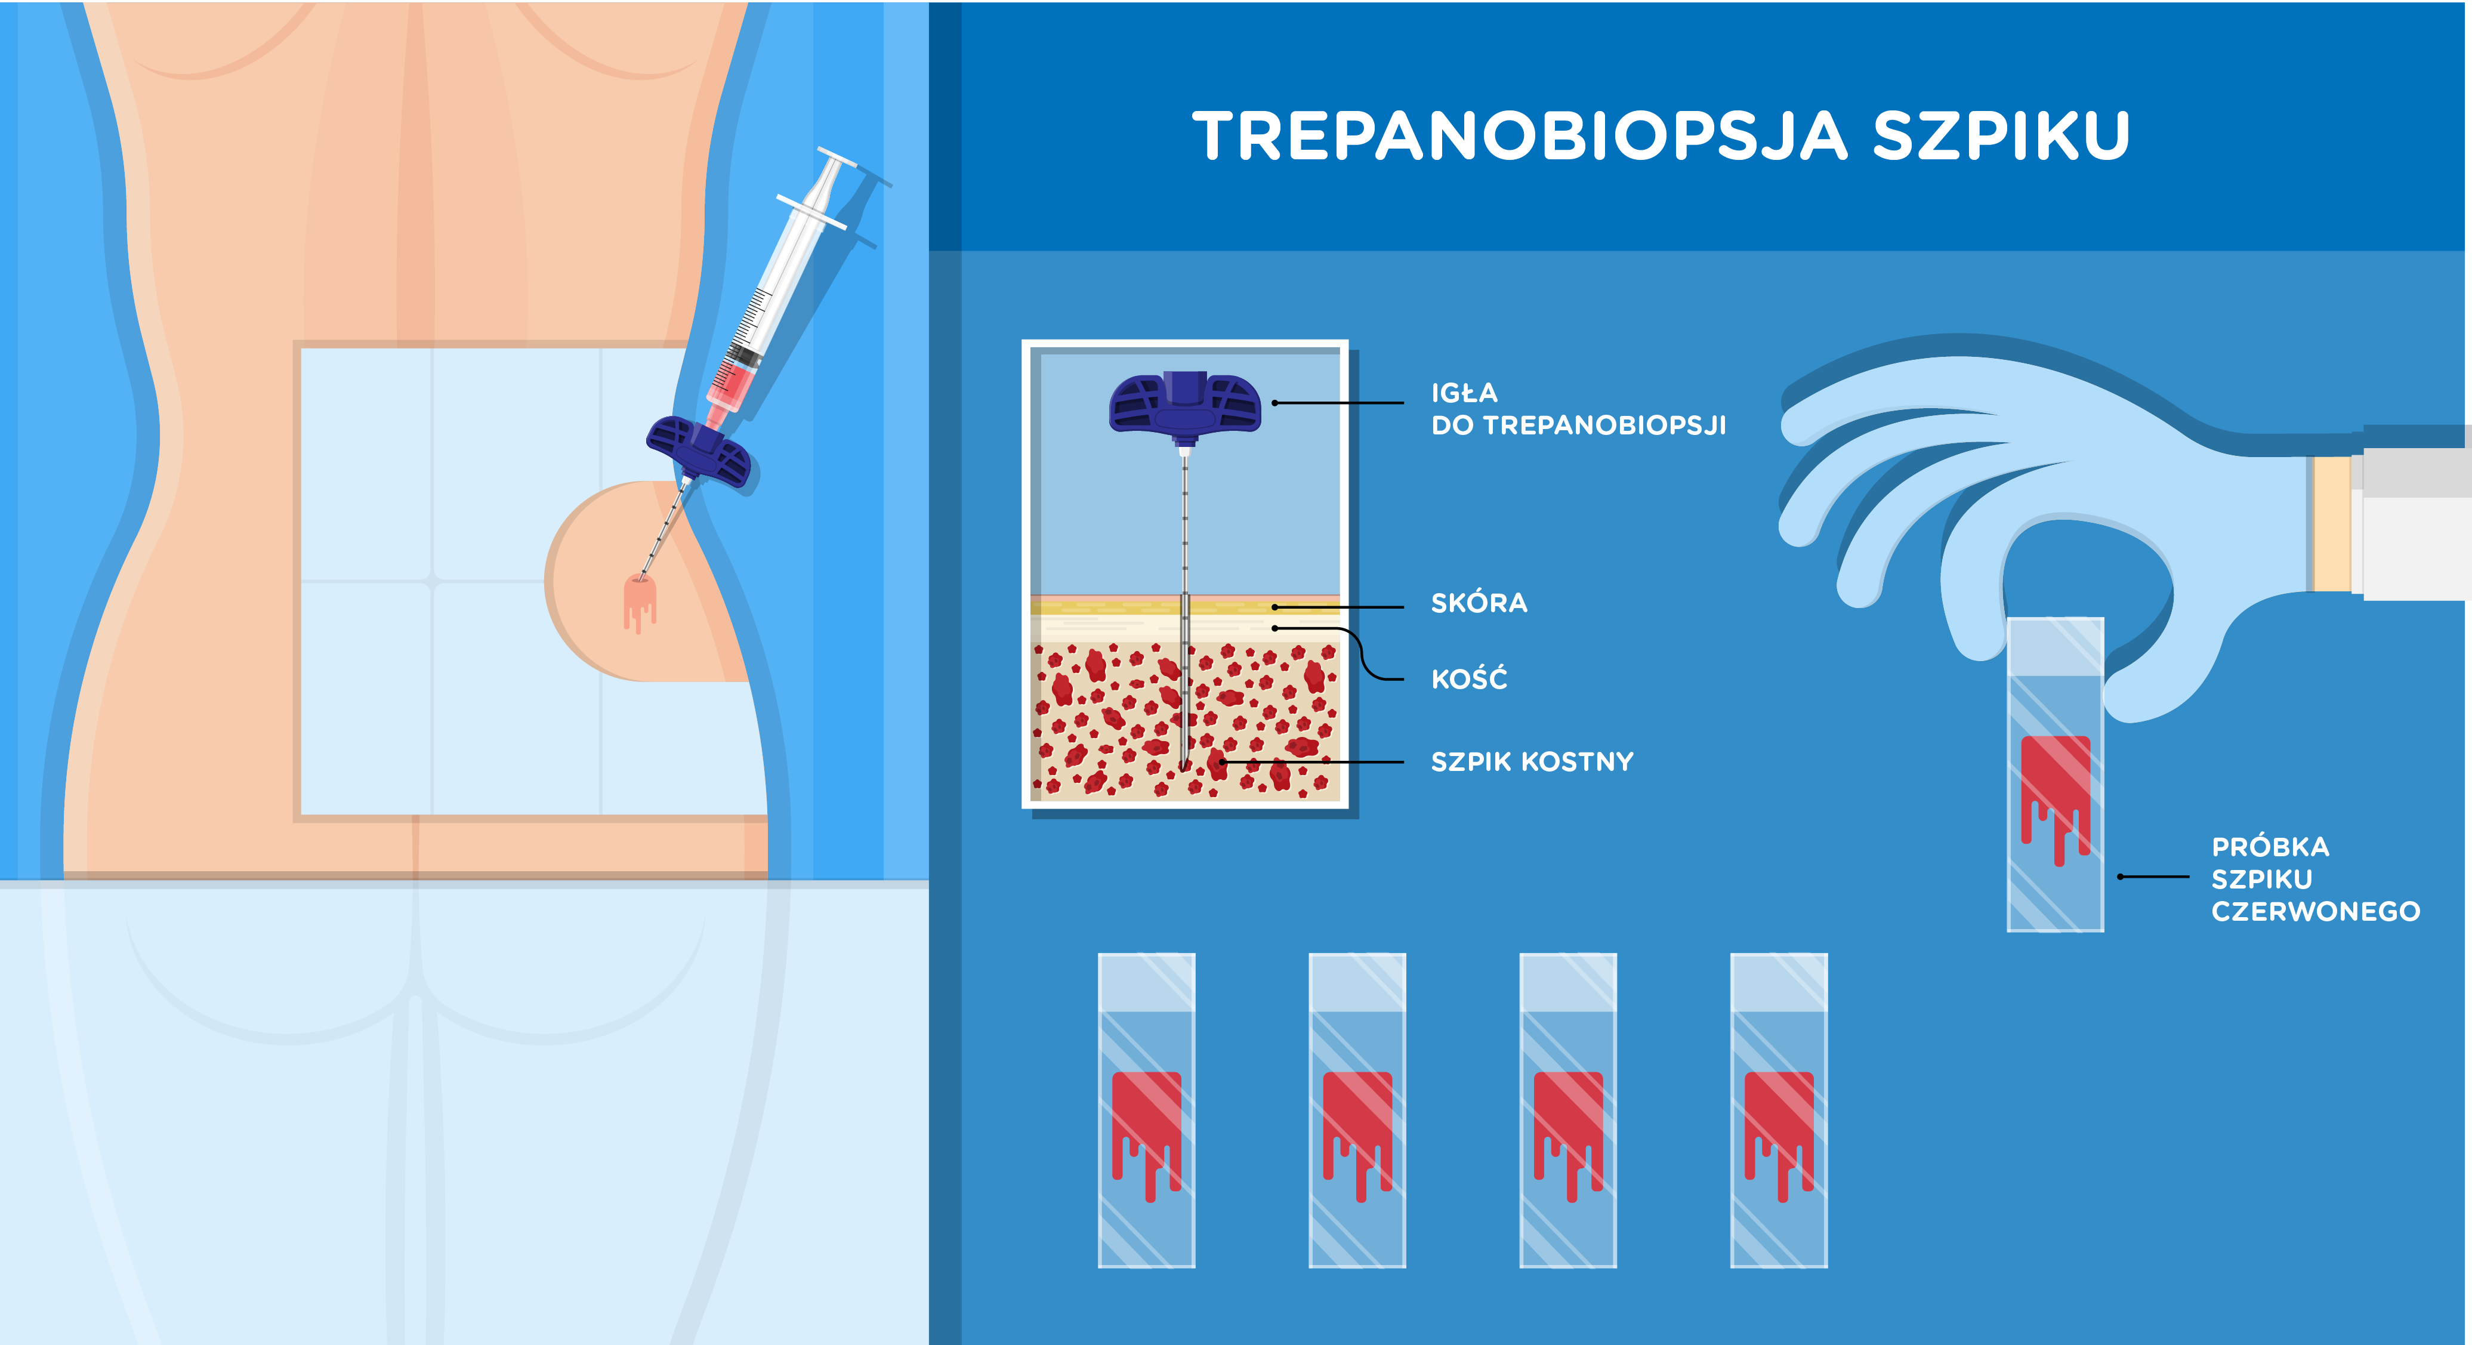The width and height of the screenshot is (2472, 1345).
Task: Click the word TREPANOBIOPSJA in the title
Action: coord(1520,135)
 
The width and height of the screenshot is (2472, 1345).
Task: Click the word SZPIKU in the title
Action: coord(2002,135)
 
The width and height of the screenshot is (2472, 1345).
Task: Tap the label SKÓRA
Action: coord(1479,603)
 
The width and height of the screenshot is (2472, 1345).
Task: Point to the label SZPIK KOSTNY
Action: coord(1532,761)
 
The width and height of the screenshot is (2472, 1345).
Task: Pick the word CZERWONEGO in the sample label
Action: coord(2316,911)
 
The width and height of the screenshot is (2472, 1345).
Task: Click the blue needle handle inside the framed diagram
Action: coord(1185,404)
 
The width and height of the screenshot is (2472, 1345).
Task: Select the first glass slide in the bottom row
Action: coord(1147,1110)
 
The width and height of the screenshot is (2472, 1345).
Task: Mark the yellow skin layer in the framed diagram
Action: coord(1185,605)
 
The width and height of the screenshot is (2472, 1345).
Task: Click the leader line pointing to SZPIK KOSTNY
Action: coord(1312,761)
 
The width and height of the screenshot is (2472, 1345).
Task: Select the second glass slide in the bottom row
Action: coord(1357,1110)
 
